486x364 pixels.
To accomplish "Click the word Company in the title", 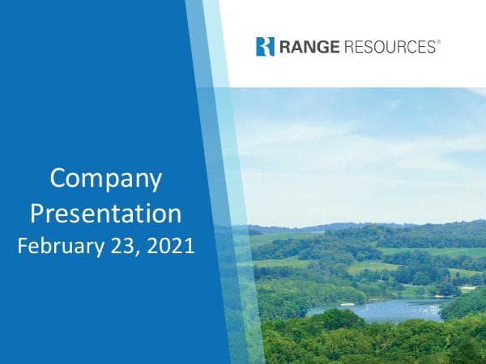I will tap(106, 180).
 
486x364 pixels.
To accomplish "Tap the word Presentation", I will tap(106, 214).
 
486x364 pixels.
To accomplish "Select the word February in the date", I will tap(56, 246).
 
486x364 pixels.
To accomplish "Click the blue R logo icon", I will tap(265, 46).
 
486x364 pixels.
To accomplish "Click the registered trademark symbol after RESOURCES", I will tap(438, 42).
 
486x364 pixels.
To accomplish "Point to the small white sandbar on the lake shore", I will tap(347, 304).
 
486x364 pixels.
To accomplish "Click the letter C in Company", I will tap(58, 178).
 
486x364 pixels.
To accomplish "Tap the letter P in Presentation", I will tap(37, 213).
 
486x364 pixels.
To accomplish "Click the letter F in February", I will tap(23, 246).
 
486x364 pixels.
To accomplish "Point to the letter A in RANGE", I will tap(293, 47).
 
